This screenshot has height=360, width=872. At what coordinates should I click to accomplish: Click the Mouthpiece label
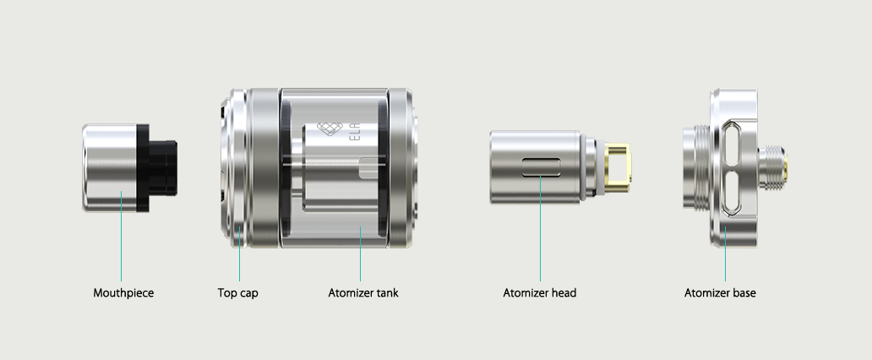click(x=123, y=292)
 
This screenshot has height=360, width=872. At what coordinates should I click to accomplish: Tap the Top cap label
click(x=237, y=292)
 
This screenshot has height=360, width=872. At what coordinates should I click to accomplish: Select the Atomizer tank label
click(x=363, y=292)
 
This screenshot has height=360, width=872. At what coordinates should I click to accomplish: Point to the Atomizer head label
click(x=539, y=292)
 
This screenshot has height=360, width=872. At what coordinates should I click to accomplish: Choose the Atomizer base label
click(x=720, y=292)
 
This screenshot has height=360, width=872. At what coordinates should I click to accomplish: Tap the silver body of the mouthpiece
click(x=110, y=168)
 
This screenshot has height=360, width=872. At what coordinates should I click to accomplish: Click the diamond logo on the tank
click(x=327, y=128)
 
